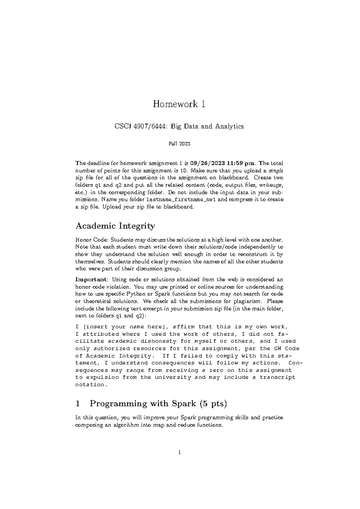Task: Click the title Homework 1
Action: coord(179,104)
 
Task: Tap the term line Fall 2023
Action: coord(179,144)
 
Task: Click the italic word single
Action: coord(277,171)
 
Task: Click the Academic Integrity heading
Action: coord(115,226)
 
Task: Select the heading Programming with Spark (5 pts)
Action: coord(158,404)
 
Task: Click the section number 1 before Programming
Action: coord(78,404)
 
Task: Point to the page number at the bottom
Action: coord(179,453)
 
